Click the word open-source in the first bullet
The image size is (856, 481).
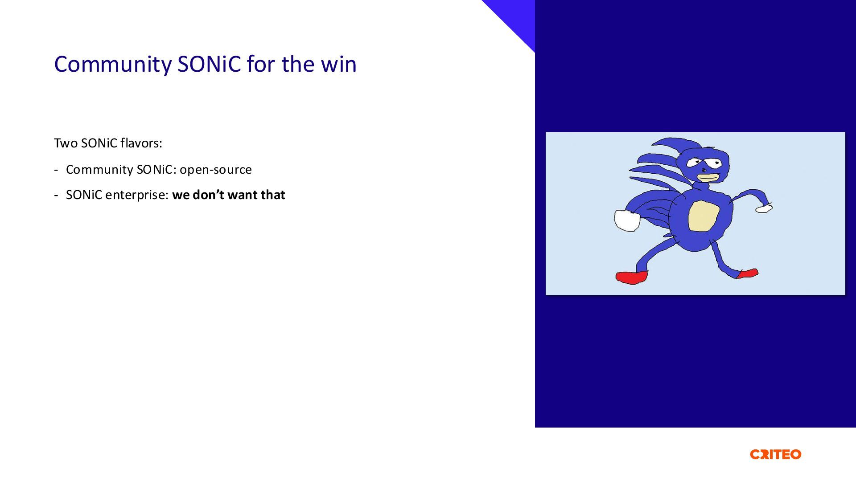[x=216, y=170]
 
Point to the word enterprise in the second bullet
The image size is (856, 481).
[x=137, y=196]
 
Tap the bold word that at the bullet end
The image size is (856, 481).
[x=273, y=195]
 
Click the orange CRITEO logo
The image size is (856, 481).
[x=776, y=454]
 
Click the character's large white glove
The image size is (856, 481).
[x=627, y=220]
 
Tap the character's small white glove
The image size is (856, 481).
[x=764, y=208]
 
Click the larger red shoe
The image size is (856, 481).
[x=632, y=277]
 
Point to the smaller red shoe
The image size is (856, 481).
[x=748, y=273]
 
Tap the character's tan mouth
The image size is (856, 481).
[x=708, y=178]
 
